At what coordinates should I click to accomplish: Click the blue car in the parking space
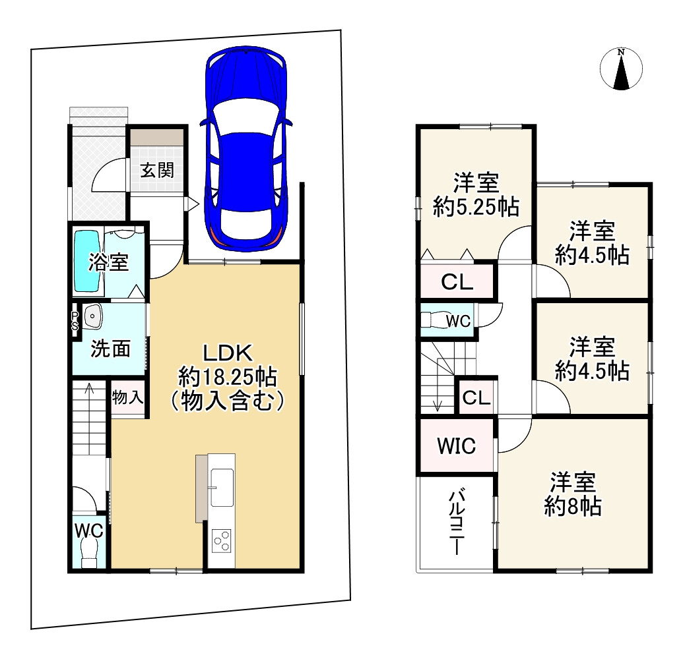point(246,148)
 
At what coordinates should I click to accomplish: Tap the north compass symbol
point(621,69)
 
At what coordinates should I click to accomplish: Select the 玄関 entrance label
point(157,169)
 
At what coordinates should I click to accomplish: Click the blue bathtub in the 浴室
point(88,261)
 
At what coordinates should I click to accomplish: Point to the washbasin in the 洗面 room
point(92,316)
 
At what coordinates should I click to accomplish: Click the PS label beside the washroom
point(75,320)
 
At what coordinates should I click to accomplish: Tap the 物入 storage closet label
point(127,397)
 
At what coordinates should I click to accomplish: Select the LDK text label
point(228,353)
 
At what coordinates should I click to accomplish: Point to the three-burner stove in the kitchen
point(222,541)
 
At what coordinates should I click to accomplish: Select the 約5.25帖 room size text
point(476,207)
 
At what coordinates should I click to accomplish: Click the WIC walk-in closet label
point(457,445)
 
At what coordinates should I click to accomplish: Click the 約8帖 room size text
point(573,506)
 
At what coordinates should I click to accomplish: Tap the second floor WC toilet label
point(458,322)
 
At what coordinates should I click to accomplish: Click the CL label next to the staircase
point(476,398)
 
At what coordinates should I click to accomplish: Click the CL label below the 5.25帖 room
point(457,282)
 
